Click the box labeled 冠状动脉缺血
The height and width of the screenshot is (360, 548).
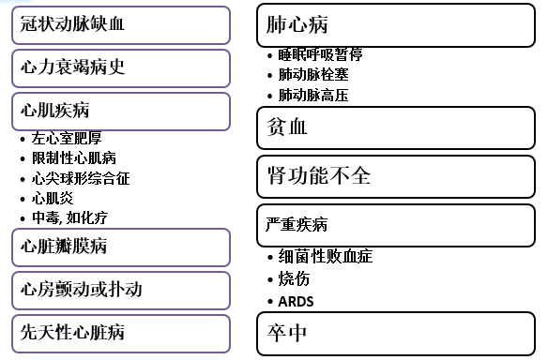(120, 25)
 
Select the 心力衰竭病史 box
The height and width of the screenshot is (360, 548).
(120, 68)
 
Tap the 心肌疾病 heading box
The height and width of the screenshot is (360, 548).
(120, 112)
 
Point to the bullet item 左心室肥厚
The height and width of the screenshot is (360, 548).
(66, 138)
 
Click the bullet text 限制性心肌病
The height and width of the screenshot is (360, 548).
(74, 157)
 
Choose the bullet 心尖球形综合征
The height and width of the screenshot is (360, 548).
(80, 178)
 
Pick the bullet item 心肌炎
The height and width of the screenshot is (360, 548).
(53, 198)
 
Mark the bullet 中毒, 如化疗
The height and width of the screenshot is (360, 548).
(69, 217)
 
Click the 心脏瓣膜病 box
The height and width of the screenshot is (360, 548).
(120, 247)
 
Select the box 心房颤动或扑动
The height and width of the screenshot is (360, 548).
(120, 291)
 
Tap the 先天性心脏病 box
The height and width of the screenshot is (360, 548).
(120, 334)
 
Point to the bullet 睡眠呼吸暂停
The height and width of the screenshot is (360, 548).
(320, 54)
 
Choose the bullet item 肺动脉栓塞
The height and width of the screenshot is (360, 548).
(313, 75)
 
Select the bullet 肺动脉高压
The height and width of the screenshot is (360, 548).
(313, 95)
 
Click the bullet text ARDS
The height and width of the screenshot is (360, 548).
(297, 302)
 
